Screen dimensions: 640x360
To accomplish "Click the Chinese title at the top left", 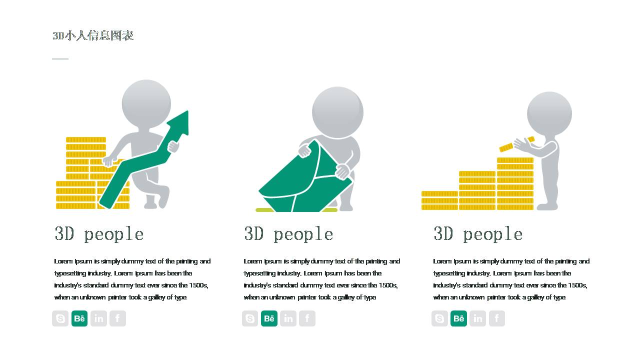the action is pyautogui.click(x=93, y=35).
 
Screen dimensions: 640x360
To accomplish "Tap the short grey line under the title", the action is pyautogui.click(x=60, y=59).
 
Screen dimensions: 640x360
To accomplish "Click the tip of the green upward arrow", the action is pyautogui.click(x=187, y=111).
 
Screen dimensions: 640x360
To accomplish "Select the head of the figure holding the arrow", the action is pyautogui.click(x=146, y=104).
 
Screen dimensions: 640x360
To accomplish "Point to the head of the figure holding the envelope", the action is pyautogui.click(x=337, y=112).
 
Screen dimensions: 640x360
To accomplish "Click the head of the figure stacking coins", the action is pyautogui.click(x=549, y=113).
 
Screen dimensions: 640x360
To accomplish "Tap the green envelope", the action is pyautogui.click(x=305, y=180).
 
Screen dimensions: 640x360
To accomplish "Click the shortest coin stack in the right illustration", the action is pyautogui.click(x=439, y=200).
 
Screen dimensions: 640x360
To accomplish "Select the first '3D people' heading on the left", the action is pyautogui.click(x=99, y=234).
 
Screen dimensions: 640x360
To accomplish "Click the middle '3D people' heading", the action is pyautogui.click(x=288, y=234).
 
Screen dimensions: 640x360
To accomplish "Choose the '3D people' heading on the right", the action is pyautogui.click(x=478, y=234).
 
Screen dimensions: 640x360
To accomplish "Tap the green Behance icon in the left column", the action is pyautogui.click(x=79, y=318).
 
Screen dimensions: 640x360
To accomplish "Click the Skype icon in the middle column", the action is pyautogui.click(x=250, y=318).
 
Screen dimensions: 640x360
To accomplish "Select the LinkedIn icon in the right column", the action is pyautogui.click(x=477, y=318).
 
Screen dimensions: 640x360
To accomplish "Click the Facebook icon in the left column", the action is pyautogui.click(x=117, y=318).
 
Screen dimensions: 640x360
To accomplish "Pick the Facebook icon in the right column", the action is pyautogui.click(x=497, y=318).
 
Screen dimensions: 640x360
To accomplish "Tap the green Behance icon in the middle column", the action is pyautogui.click(x=269, y=318).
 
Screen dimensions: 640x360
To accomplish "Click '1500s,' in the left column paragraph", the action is pyautogui.click(x=198, y=285).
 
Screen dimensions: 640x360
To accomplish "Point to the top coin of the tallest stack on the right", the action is pyautogui.click(x=515, y=160).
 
